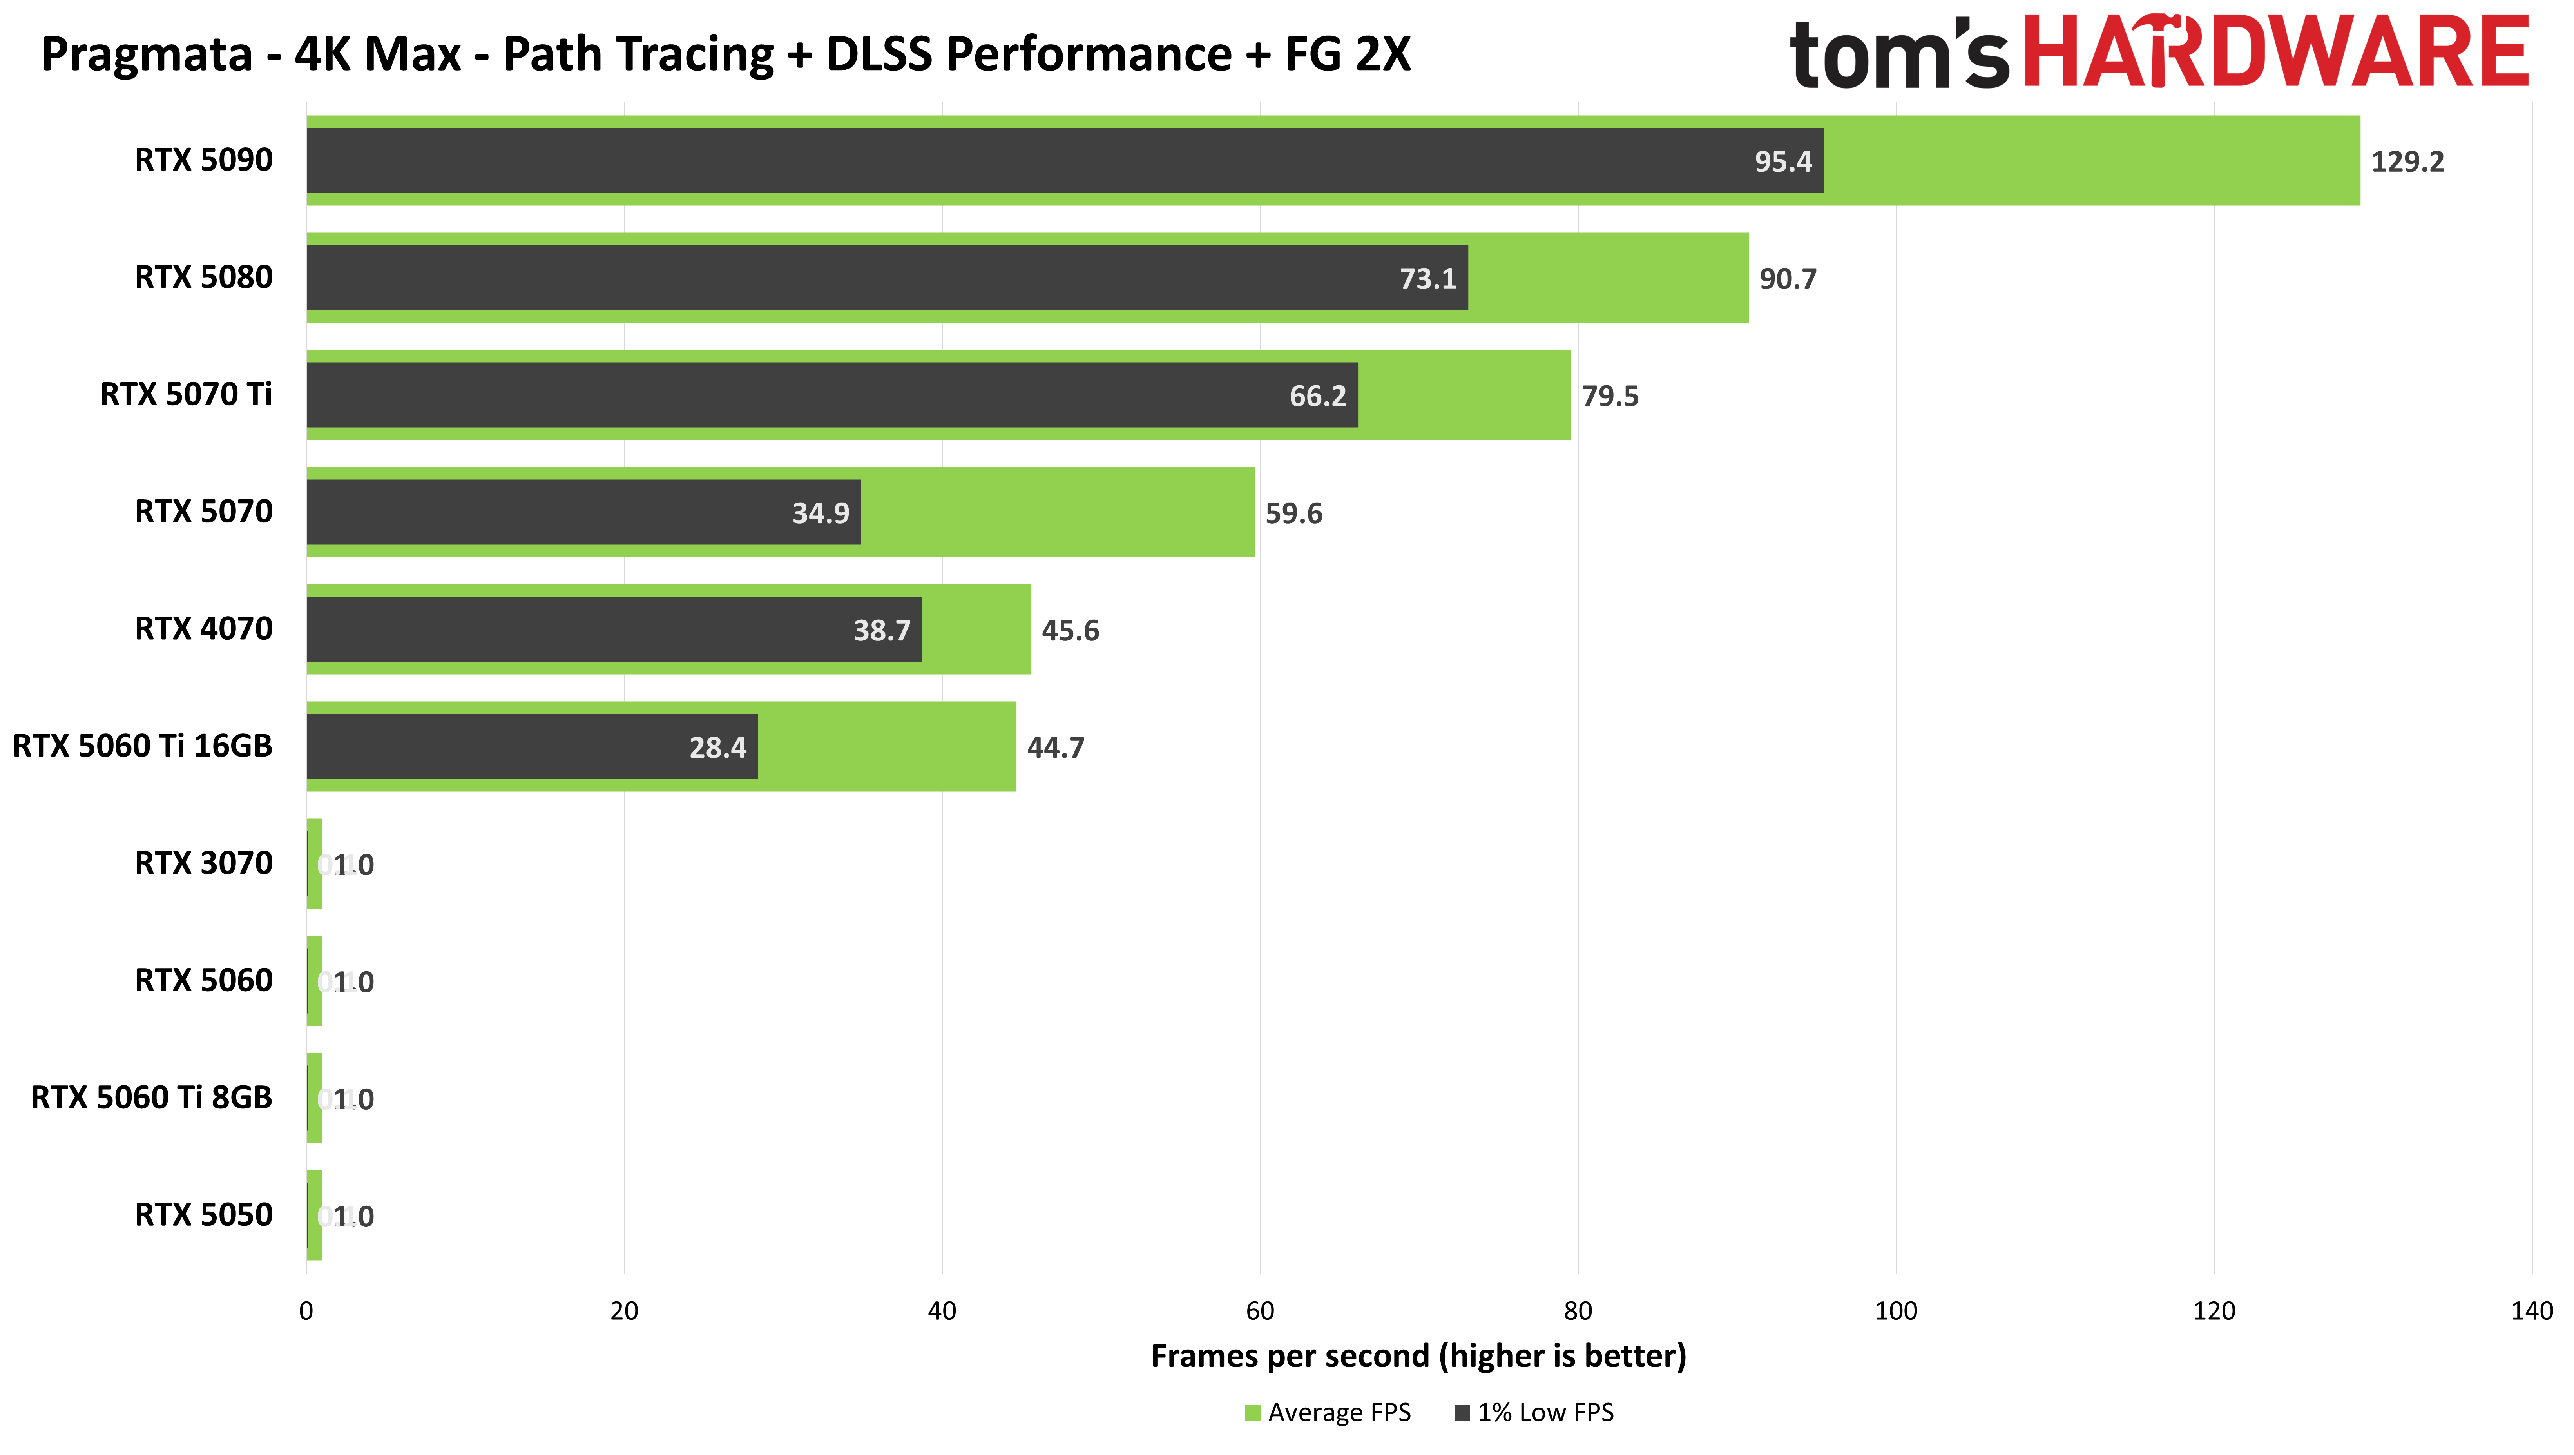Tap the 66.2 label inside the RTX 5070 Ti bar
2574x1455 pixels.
click(1317, 396)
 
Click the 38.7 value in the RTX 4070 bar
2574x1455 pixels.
click(881, 630)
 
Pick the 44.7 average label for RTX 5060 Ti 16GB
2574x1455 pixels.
click(1055, 747)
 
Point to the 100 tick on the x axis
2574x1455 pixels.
click(1895, 1311)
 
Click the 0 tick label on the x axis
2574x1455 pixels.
click(306, 1311)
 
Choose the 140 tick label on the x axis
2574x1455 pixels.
click(2531, 1311)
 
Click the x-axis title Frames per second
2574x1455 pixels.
click(1418, 1356)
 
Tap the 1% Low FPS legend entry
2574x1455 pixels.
click(1535, 1412)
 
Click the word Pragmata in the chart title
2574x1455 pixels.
click(146, 54)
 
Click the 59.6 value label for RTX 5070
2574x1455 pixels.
click(1293, 513)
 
